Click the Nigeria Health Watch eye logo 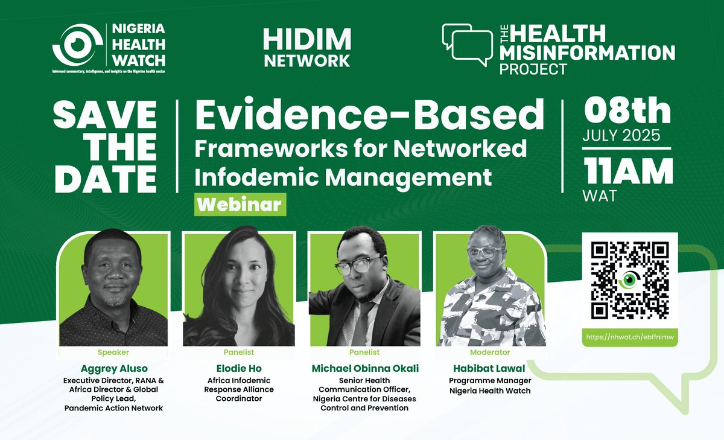[x=76, y=45]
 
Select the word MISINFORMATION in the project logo [x=587, y=53]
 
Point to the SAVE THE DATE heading [x=105, y=146]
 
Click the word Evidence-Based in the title [x=369, y=116]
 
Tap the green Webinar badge [x=240, y=204]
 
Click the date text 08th [x=627, y=113]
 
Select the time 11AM [x=627, y=172]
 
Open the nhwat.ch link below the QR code [x=630, y=337]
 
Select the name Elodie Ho [x=238, y=368]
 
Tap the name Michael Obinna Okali [x=364, y=368]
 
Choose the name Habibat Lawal [x=489, y=368]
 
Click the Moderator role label [x=489, y=352]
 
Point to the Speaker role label [x=113, y=352]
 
